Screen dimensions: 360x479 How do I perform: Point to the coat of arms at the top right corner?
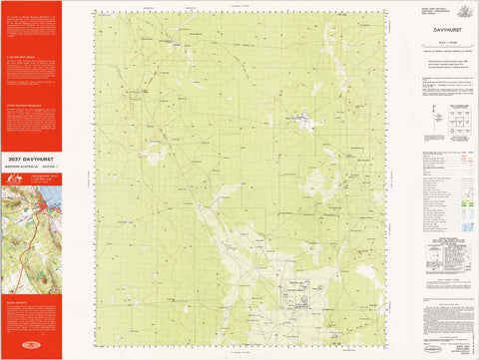pyautogui.click(x=463, y=10)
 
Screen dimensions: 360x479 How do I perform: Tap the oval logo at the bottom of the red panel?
pyautogui.click(x=30, y=349)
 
